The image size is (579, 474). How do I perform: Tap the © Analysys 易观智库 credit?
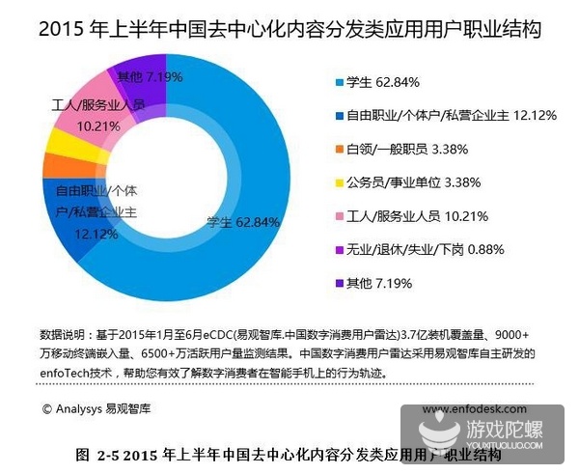coord(96,408)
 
